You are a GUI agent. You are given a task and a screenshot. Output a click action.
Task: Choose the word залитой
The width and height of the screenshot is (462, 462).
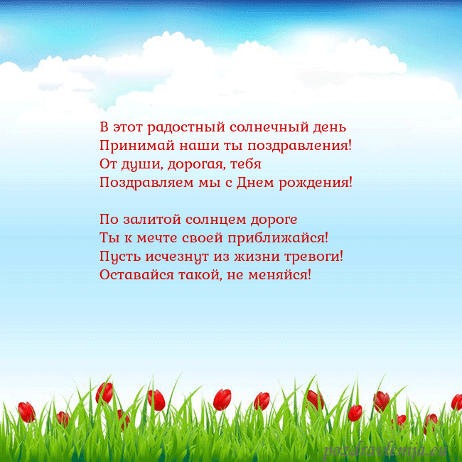click(x=148, y=219)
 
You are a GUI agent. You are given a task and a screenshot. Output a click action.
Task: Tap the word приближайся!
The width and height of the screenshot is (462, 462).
click(x=283, y=237)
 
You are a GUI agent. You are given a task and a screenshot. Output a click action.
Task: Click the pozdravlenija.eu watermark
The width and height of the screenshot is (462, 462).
click(x=387, y=449)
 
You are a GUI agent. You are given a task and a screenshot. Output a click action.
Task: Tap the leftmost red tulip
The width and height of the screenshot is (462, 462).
click(x=26, y=411)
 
